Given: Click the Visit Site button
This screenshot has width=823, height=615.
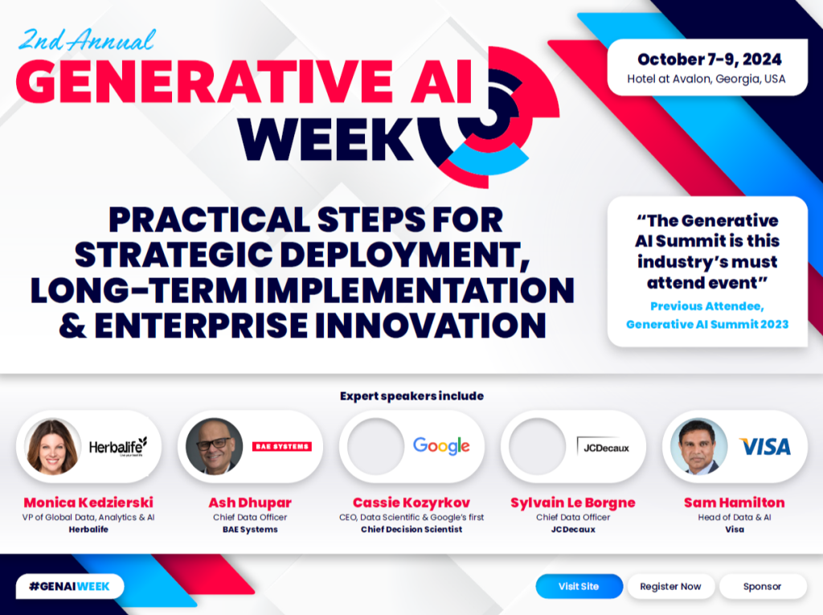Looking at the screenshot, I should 579,586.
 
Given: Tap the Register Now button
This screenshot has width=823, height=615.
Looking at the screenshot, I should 670,586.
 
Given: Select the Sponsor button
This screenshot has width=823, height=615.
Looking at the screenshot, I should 762,586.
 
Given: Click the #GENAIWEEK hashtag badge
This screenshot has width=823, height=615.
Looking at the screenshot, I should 69,586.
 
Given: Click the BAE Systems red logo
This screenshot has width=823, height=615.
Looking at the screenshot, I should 281,446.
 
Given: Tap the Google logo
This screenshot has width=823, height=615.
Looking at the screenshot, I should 441,446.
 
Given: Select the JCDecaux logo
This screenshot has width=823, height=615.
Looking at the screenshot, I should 603,446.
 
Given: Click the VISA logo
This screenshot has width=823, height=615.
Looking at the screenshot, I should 764,446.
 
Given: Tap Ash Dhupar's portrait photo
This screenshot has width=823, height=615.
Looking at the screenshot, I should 214,446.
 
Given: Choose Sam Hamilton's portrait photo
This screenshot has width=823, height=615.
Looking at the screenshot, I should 698,446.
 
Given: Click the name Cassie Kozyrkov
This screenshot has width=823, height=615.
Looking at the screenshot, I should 411,502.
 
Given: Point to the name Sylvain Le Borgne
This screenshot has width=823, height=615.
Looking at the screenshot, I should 572,502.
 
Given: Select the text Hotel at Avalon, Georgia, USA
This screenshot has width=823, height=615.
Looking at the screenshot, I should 706,80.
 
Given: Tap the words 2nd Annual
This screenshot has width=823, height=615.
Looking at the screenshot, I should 86,39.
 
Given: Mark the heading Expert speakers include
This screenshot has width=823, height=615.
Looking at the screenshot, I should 411,396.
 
